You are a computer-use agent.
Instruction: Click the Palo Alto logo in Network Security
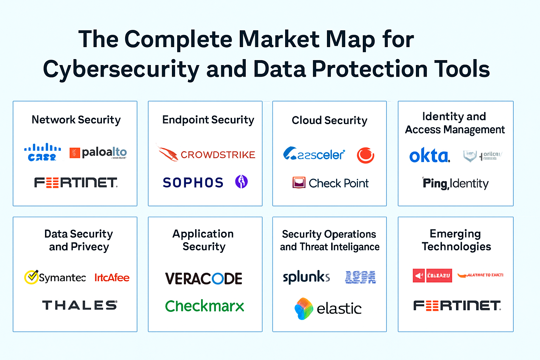point(98,153)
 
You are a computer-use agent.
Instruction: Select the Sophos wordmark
point(193,182)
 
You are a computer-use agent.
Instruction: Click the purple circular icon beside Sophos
point(241,182)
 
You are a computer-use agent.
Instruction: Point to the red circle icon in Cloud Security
point(365,155)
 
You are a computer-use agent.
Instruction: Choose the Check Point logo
point(330,183)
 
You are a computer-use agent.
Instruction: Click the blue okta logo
point(429,155)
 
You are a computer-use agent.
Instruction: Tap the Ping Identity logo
point(455,183)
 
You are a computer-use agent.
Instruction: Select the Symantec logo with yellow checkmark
point(55,277)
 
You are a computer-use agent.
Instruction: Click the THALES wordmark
point(79,305)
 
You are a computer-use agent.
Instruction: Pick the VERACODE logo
point(204,279)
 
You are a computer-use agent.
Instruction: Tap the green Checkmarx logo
point(205,306)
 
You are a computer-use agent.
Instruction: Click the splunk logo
point(306,277)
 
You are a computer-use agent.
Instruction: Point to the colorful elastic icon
point(304,308)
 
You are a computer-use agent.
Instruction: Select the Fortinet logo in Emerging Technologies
point(457,306)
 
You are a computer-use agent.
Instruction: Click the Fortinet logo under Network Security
point(76,183)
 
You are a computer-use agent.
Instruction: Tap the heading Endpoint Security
point(208,120)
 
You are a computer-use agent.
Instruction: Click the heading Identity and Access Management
point(455,123)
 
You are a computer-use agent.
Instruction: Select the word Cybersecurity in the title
point(121,69)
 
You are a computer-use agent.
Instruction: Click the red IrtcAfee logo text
point(112,278)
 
